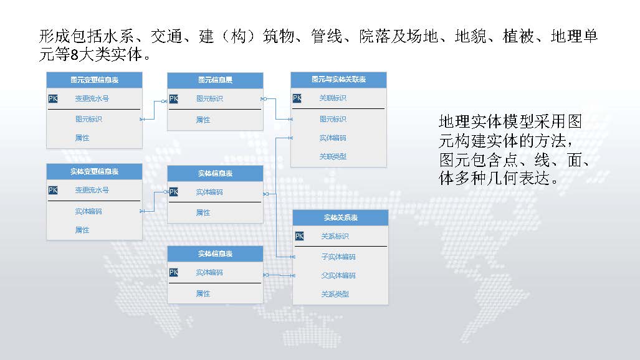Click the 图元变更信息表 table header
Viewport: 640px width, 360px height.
[x=94, y=80]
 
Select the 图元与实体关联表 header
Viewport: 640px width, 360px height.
[x=338, y=80]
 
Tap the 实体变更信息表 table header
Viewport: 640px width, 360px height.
[x=94, y=171]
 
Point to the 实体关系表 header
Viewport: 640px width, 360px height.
[x=340, y=217]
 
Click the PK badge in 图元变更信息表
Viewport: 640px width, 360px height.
[x=53, y=98]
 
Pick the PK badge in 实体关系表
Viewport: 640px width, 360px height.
[x=299, y=236]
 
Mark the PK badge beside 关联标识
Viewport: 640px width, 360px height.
[x=297, y=98]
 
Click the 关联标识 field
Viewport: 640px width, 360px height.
[x=333, y=98]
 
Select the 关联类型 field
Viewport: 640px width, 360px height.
[x=333, y=156]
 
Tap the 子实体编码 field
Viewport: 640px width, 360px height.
[x=338, y=257]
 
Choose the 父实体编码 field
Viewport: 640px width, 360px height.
[x=338, y=275]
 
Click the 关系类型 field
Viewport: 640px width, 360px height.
[x=335, y=294]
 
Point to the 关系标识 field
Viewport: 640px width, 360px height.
[x=335, y=236]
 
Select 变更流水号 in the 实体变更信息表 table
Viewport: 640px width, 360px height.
[x=92, y=190]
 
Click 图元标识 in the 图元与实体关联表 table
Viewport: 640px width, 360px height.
[x=333, y=119]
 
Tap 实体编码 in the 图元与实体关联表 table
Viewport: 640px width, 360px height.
[x=333, y=138]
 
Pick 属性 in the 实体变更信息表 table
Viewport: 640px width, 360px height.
[x=82, y=230]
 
